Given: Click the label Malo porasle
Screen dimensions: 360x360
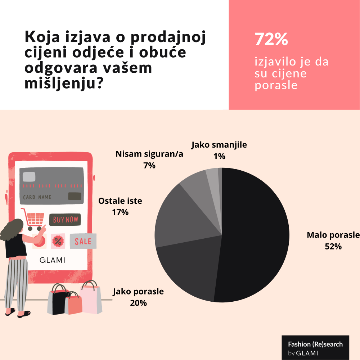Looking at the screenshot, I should [333, 235].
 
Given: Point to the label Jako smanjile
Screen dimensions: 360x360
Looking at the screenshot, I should [219, 145].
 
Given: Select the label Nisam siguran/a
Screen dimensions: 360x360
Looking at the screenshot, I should [149, 154].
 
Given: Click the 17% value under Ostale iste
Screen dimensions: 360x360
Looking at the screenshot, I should [120, 212].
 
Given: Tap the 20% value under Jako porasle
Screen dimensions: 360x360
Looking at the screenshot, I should [138, 303].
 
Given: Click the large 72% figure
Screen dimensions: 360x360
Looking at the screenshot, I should [271, 40].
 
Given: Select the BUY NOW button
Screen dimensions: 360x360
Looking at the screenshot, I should [65, 219].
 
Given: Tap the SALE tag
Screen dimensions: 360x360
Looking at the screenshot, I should [83, 241].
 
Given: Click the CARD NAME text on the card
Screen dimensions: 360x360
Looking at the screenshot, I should [37, 197].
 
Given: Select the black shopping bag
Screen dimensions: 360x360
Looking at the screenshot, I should [56, 301].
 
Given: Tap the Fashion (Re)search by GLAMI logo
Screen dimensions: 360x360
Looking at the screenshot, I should [315, 348].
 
